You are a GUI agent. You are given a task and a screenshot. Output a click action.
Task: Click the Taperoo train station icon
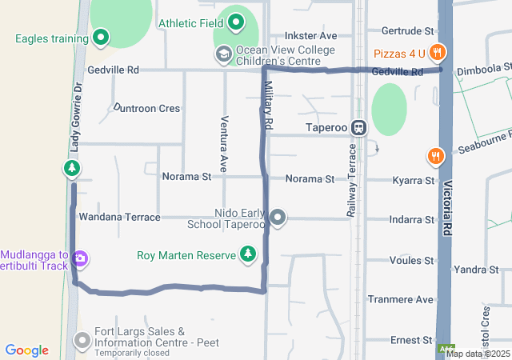[360, 126]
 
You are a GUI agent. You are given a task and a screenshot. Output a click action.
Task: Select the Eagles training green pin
[101, 38]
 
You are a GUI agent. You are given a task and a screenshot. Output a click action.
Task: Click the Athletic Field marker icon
[235, 23]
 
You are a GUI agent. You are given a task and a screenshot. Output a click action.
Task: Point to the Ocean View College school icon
[223, 54]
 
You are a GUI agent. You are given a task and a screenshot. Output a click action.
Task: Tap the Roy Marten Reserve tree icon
[249, 255]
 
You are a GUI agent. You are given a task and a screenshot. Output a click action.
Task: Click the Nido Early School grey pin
[278, 217]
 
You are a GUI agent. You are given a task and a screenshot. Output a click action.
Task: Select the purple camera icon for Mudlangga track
[79, 258]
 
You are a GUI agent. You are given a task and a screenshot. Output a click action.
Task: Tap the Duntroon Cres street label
[146, 107]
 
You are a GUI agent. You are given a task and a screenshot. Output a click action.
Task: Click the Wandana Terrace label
[119, 217]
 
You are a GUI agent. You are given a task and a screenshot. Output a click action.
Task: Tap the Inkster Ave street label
[311, 36]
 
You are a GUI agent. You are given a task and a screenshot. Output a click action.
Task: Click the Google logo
[26, 350]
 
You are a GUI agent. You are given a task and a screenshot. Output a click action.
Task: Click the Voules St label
[410, 260]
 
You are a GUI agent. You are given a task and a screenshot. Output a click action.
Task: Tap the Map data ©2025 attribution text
[478, 353]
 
